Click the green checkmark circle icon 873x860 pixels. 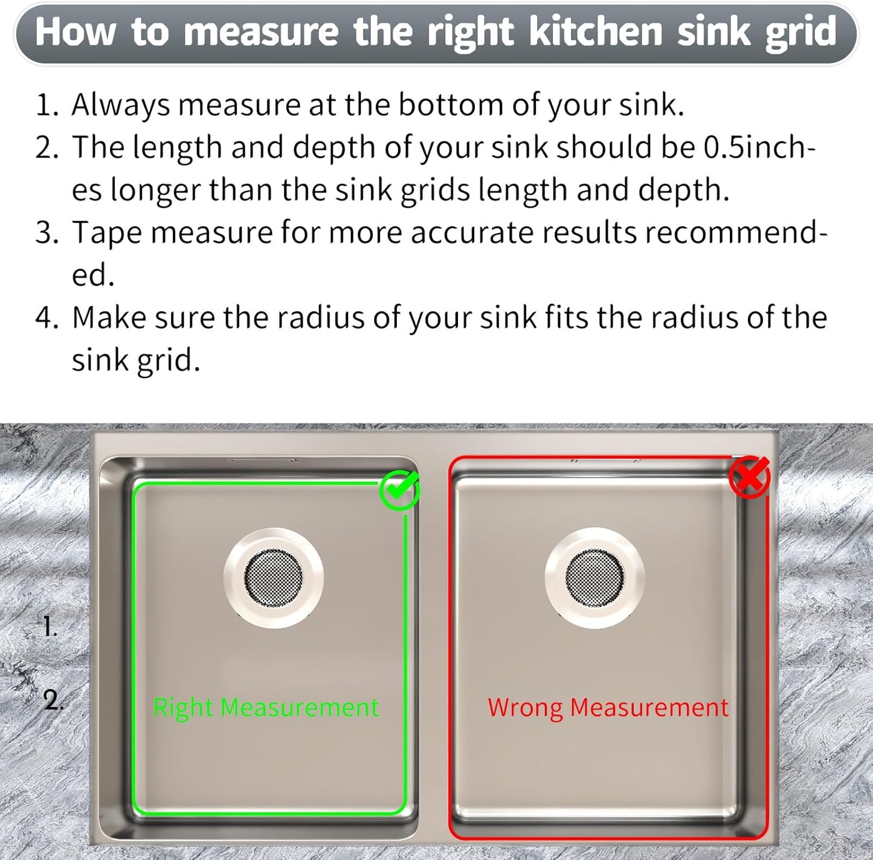(x=399, y=490)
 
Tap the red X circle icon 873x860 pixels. (x=749, y=477)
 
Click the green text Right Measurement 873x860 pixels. (x=266, y=707)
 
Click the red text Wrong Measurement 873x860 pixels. (x=608, y=707)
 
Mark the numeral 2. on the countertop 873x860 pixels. (x=53, y=701)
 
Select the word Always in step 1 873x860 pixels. (x=121, y=106)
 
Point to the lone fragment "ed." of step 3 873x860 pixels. (x=93, y=275)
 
